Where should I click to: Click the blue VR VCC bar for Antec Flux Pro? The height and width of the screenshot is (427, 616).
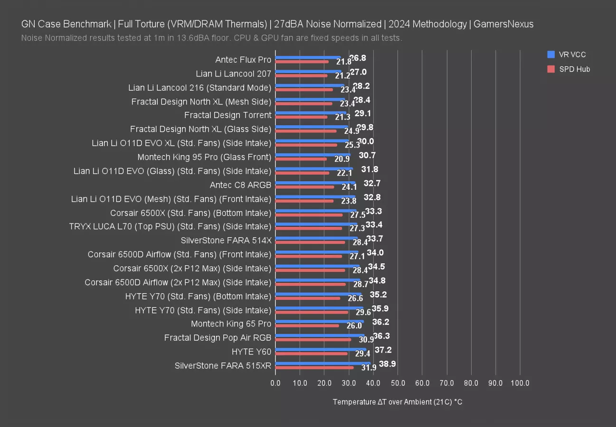point(308,57)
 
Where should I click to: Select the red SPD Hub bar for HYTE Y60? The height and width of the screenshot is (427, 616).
point(311,353)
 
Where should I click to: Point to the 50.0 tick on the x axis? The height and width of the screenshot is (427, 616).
point(398,383)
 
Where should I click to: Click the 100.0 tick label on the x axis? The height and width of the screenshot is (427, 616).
point(520,383)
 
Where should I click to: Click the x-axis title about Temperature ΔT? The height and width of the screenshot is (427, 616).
point(398,402)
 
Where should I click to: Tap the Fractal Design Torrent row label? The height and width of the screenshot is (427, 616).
point(227,115)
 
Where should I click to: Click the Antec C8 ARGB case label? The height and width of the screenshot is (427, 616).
point(240,185)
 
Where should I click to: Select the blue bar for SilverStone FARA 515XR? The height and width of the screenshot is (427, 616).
point(322,363)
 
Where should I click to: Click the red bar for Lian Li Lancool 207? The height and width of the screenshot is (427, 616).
point(301,75)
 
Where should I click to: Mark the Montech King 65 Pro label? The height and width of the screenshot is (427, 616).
point(231,324)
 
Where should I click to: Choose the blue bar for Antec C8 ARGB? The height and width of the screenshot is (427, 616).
point(315,183)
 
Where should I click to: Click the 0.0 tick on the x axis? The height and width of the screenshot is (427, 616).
point(275,383)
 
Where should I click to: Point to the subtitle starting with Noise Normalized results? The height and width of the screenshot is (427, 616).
point(212,38)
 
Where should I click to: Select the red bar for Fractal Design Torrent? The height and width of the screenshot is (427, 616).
point(301,117)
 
